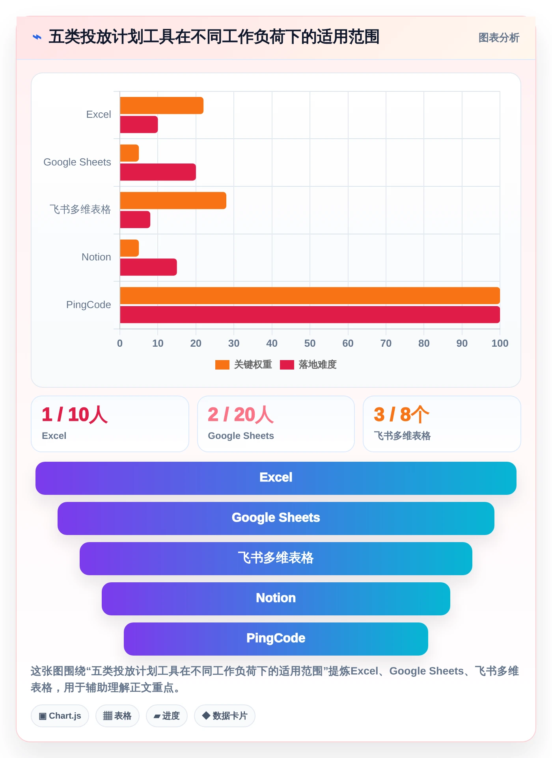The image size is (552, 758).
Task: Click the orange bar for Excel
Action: (x=162, y=106)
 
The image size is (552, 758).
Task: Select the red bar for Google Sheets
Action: (x=158, y=172)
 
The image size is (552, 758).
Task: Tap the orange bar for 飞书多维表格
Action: (x=173, y=201)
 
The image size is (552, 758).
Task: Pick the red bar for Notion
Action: (x=148, y=267)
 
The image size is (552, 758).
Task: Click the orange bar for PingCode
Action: (x=310, y=295)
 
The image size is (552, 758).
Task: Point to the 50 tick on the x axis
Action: (x=310, y=343)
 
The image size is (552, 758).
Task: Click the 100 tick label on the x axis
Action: (x=500, y=343)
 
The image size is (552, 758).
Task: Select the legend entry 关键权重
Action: (x=244, y=364)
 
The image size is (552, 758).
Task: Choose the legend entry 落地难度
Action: (x=308, y=364)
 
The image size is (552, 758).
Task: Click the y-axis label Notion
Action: (x=96, y=257)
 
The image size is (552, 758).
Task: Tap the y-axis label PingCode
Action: (x=89, y=305)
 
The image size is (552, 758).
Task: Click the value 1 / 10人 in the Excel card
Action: (x=75, y=414)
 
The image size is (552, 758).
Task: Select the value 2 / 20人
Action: (x=241, y=414)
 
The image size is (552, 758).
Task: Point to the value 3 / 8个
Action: (x=402, y=414)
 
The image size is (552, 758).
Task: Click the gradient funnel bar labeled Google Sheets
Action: (x=276, y=518)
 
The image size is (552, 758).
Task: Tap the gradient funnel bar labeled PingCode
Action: (x=276, y=639)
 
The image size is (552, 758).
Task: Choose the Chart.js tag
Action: (x=60, y=716)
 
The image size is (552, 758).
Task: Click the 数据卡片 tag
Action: (x=225, y=716)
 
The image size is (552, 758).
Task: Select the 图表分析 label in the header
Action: (x=499, y=38)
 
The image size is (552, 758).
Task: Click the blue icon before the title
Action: (x=37, y=37)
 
